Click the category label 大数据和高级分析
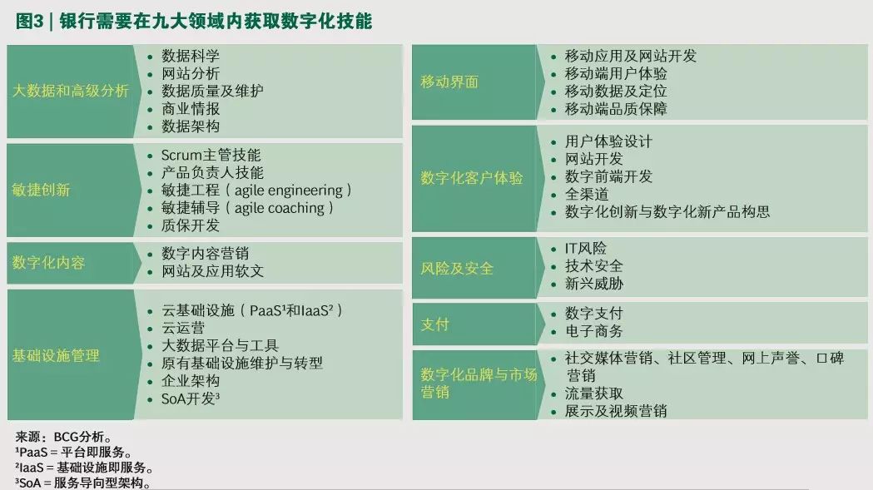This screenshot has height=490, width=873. (x=71, y=91)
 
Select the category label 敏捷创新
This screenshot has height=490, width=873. (x=42, y=190)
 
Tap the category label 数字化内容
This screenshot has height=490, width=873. (x=48, y=262)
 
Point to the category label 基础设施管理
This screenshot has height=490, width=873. (x=56, y=355)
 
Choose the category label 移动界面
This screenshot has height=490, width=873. (x=449, y=82)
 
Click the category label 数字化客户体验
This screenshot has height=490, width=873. (x=472, y=178)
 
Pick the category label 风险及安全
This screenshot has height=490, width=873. (x=457, y=269)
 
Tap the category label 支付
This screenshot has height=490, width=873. (x=434, y=324)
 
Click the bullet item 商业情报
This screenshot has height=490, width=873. (x=191, y=109)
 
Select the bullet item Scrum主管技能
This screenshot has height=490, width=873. (x=211, y=155)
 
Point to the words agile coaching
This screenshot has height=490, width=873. (x=280, y=208)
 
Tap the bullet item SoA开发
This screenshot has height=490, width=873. (x=191, y=398)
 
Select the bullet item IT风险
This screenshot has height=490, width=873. (x=586, y=249)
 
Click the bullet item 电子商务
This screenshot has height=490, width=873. (x=593, y=331)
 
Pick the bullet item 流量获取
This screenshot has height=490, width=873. (x=593, y=393)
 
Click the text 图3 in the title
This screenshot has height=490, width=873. (x=29, y=21)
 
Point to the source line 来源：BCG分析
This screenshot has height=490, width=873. (x=63, y=437)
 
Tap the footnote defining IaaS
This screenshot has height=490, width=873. (x=83, y=468)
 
